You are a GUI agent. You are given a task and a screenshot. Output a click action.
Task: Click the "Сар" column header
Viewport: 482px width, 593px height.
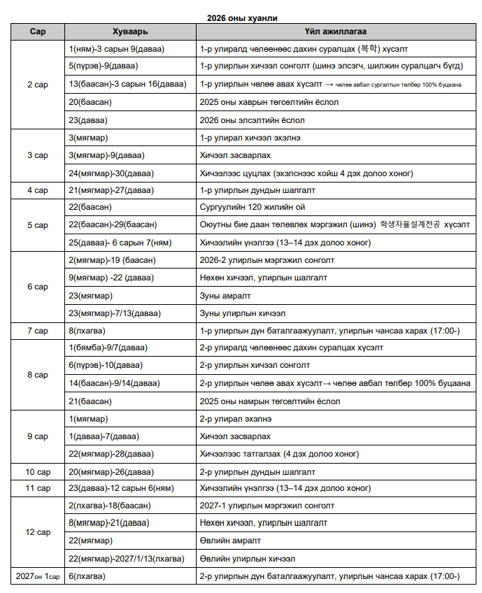tap(38, 32)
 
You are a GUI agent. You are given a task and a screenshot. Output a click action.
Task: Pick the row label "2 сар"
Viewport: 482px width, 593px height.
tap(38, 85)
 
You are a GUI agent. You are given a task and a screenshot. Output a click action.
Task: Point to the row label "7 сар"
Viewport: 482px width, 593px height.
tap(38, 330)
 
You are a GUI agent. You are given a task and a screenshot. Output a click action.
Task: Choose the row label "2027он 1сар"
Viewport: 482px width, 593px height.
tap(38, 576)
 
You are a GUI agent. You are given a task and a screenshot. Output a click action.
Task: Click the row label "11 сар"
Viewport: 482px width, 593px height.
tap(38, 488)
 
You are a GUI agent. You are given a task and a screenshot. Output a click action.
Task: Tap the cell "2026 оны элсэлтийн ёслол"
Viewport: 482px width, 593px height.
tap(252, 120)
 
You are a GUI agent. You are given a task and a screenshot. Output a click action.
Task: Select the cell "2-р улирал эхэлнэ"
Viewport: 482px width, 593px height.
tap(236, 418)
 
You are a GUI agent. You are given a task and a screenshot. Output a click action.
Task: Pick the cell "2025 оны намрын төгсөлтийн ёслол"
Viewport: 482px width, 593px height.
tap(269, 401)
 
